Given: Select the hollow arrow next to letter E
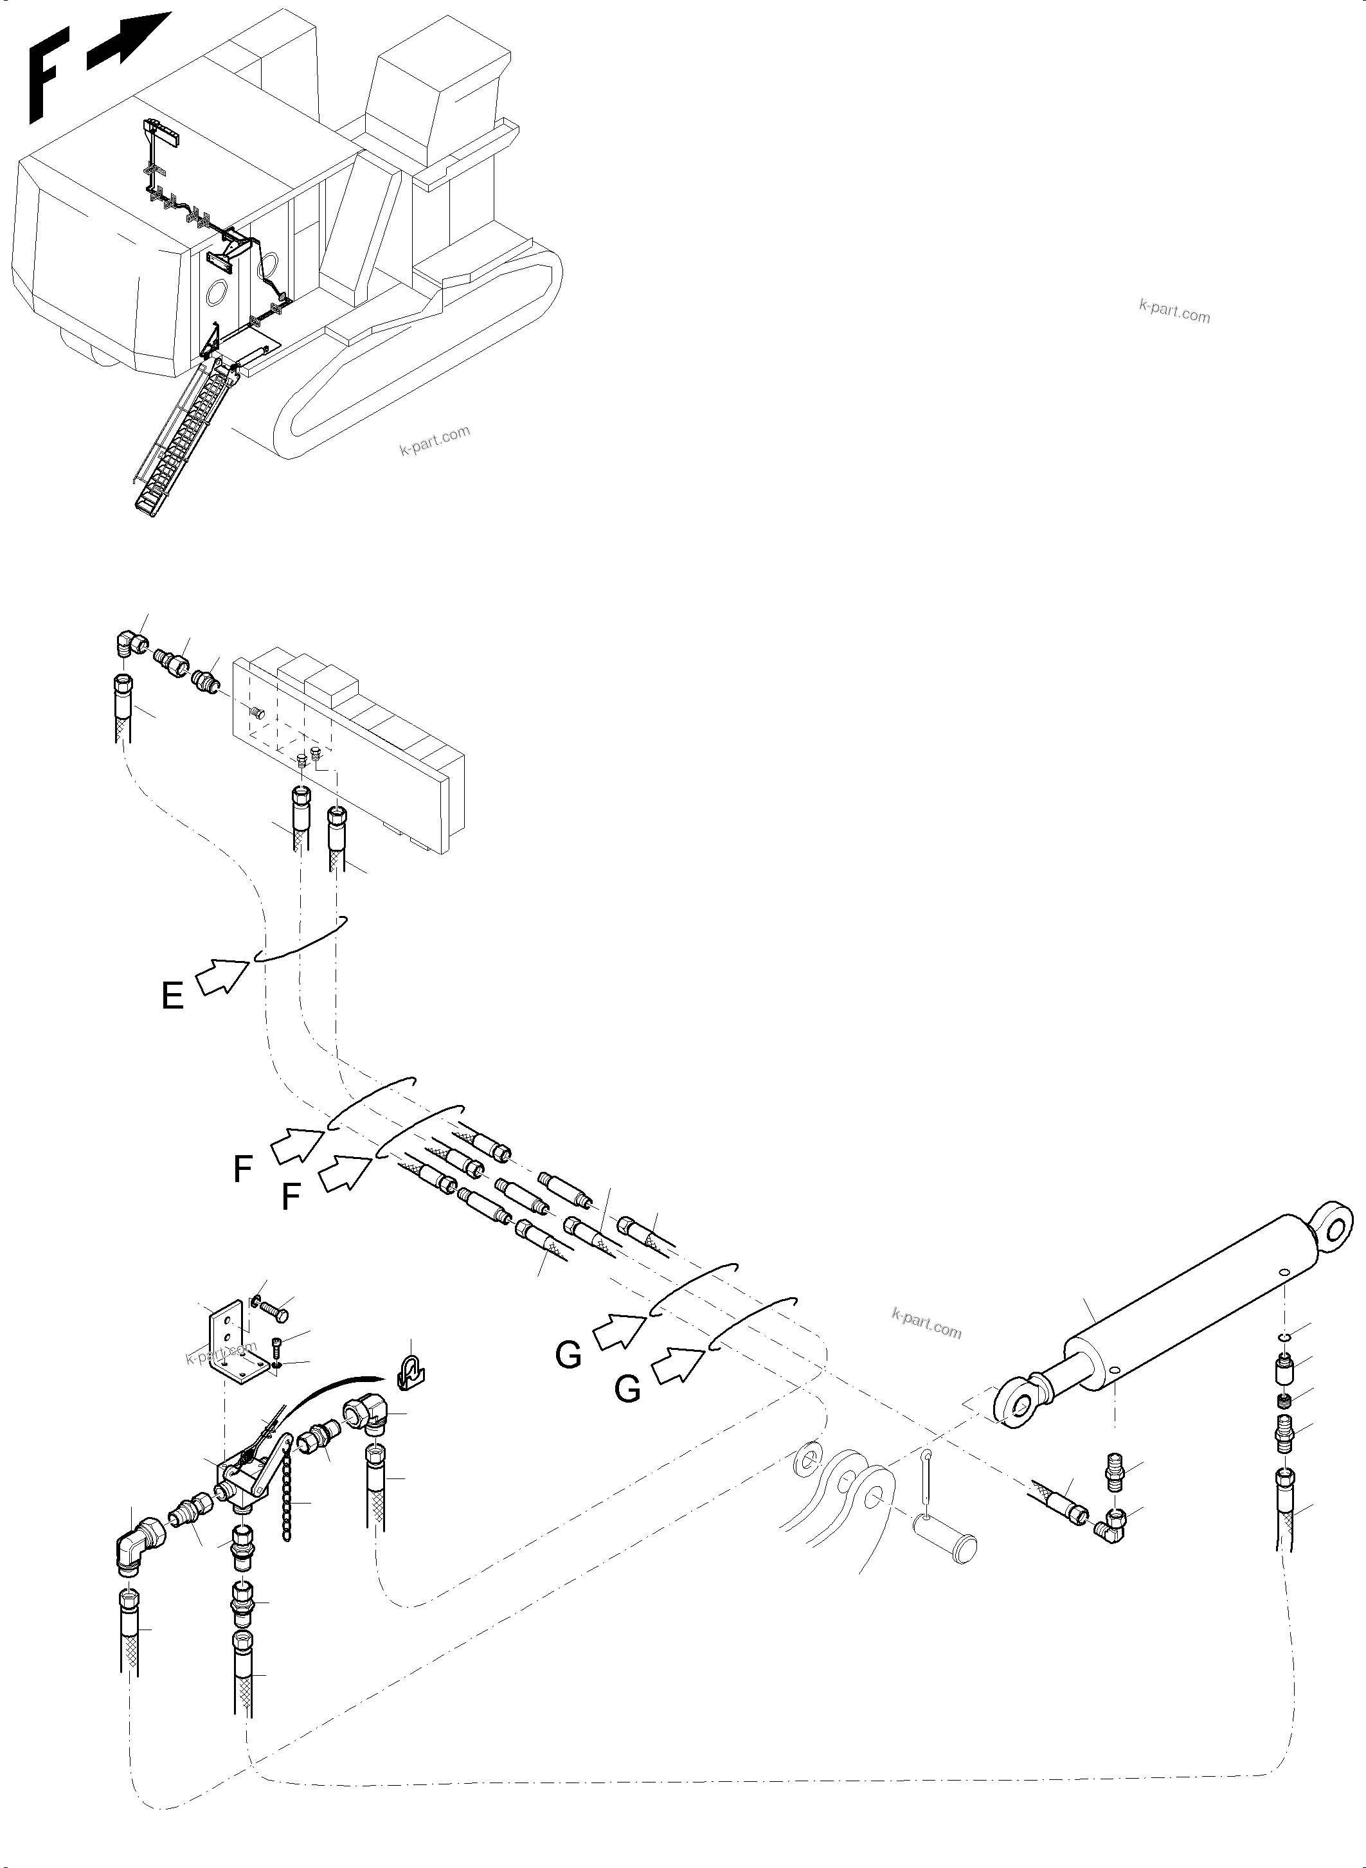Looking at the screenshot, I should pos(223,976).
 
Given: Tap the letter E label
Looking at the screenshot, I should pos(172,996).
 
